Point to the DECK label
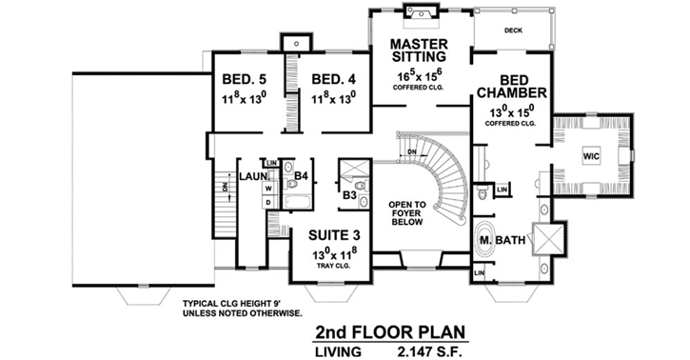pyautogui.click(x=513, y=30)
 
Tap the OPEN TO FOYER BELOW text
pyautogui.click(x=413, y=214)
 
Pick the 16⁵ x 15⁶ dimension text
pyautogui.click(x=419, y=74)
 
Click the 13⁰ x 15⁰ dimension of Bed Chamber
pyautogui.click(x=511, y=111)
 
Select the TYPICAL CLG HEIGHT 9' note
pyautogui.click(x=243, y=304)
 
